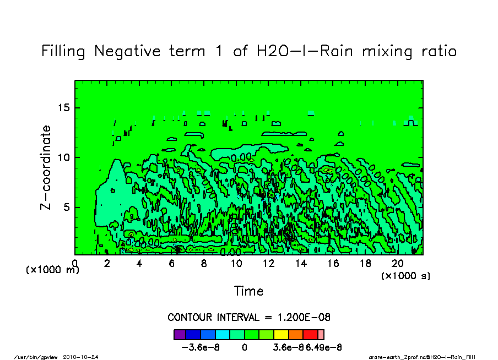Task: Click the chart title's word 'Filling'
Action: tap(63, 51)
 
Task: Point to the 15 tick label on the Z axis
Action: tap(64, 107)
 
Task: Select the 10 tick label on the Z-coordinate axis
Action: tap(64, 157)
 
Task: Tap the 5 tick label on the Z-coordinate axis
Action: tap(68, 208)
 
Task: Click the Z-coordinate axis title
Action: tap(46, 167)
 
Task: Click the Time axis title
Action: tap(249, 291)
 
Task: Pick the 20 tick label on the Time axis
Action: tap(397, 264)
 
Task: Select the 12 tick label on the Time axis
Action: tap(268, 264)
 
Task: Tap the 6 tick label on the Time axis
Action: tap(171, 264)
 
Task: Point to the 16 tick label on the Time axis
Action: tap(333, 264)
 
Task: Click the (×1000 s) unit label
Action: tap(405, 275)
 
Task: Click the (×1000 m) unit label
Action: tap(53, 270)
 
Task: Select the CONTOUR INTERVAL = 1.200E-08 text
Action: tap(249, 318)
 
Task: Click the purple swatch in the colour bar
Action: tap(180, 334)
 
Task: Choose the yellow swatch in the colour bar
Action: tap(280, 334)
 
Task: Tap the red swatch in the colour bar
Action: tap(310, 334)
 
